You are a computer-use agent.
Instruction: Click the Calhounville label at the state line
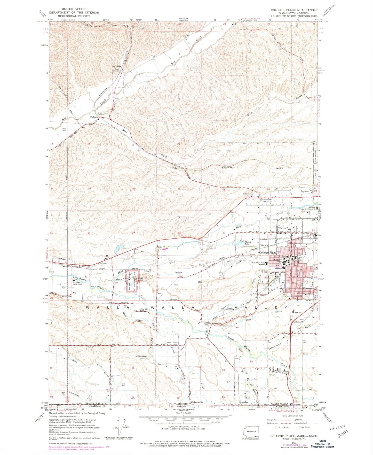click(x=197, y=402)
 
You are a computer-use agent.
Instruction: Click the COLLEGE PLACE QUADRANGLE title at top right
click(x=294, y=10)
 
